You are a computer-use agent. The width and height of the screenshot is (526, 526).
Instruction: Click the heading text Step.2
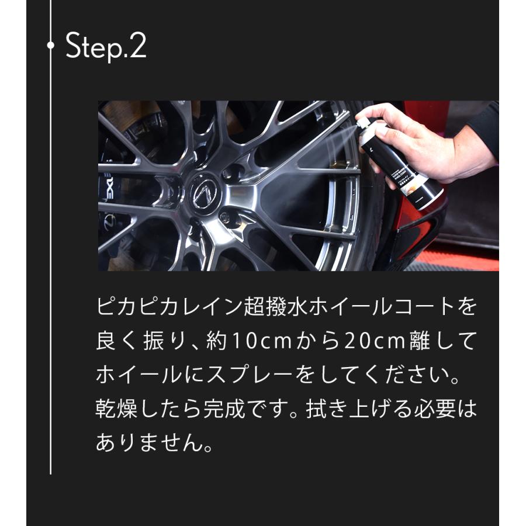point(106,47)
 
